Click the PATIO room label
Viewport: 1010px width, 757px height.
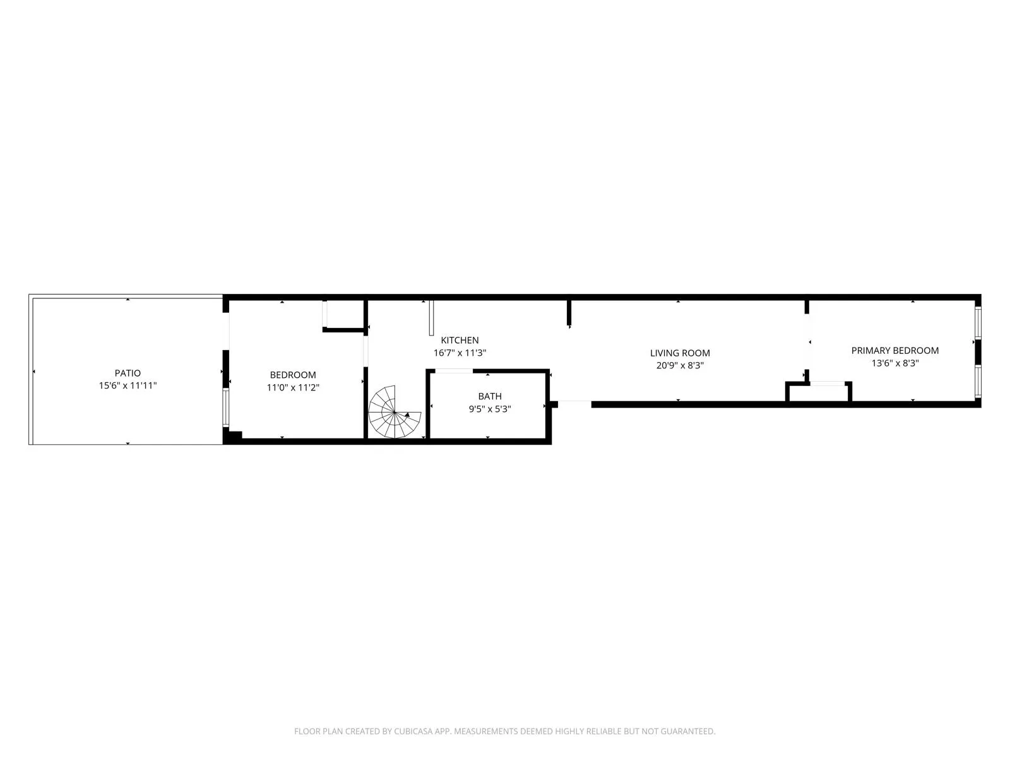tap(128, 373)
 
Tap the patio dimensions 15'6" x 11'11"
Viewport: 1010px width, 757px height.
tap(128, 385)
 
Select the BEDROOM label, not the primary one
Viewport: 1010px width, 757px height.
tap(293, 375)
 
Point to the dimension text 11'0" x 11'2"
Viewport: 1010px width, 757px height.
tap(293, 387)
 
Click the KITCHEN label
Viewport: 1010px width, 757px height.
tap(460, 340)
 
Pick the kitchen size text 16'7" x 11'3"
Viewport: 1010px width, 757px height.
tap(460, 353)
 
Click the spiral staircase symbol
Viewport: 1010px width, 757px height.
tap(393, 413)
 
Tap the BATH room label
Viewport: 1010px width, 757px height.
tap(490, 396)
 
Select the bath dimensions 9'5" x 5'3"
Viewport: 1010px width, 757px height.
tap(490, 409)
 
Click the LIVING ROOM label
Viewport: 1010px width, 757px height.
tap(680, 353)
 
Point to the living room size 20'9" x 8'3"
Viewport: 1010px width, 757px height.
tap(680, 365)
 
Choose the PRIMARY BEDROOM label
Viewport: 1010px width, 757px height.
tap(894, 351)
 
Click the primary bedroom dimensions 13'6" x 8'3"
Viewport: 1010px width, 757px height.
tap(894, 363)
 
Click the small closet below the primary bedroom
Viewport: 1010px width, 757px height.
tap(819, 392)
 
